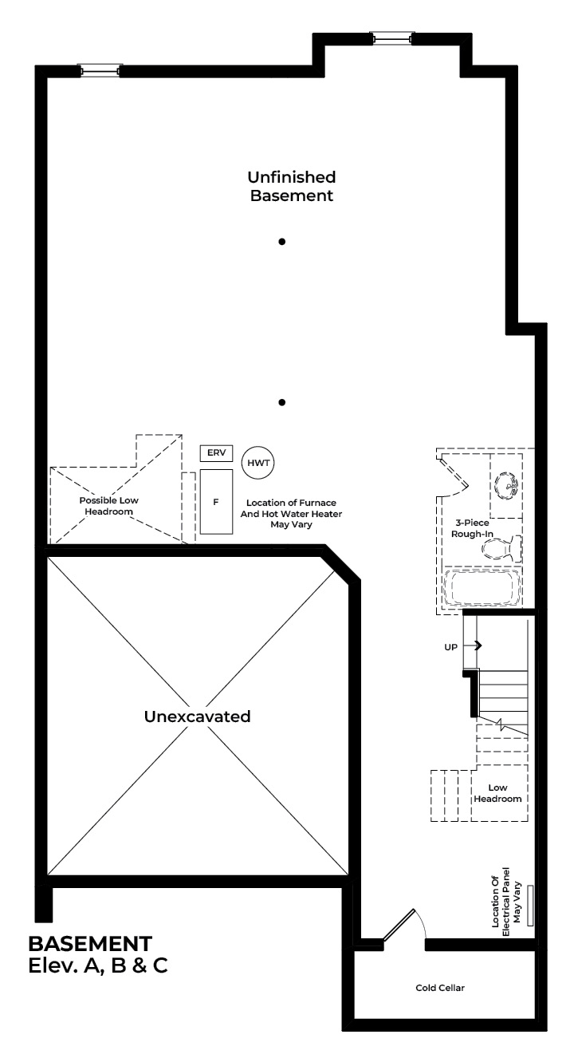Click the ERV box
pyautogui.click(x=216, y=453)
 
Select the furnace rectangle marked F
pyautogui.click(x=216, y=502)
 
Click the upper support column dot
pyautogui.click(x=281, y=242)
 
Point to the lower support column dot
pyautogui.click(x=281, y=402)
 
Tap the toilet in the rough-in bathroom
pyautogui.click(x=501, y=548)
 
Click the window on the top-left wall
pyautogui.click(x=100, y=71)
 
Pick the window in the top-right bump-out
pyautogui.click(x=391, y=38)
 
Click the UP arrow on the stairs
pyautogui.click(x=473, y=645)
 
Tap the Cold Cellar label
pyautogui.click(x=440, y=988)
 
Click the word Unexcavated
pyautogui.click(x=198, y=716)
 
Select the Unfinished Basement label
pyautogui.click(x=292, y=186)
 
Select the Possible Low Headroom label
pyautogui.click(x=109, y=506)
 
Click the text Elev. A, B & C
pyautogui.click(x=98, y=966)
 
